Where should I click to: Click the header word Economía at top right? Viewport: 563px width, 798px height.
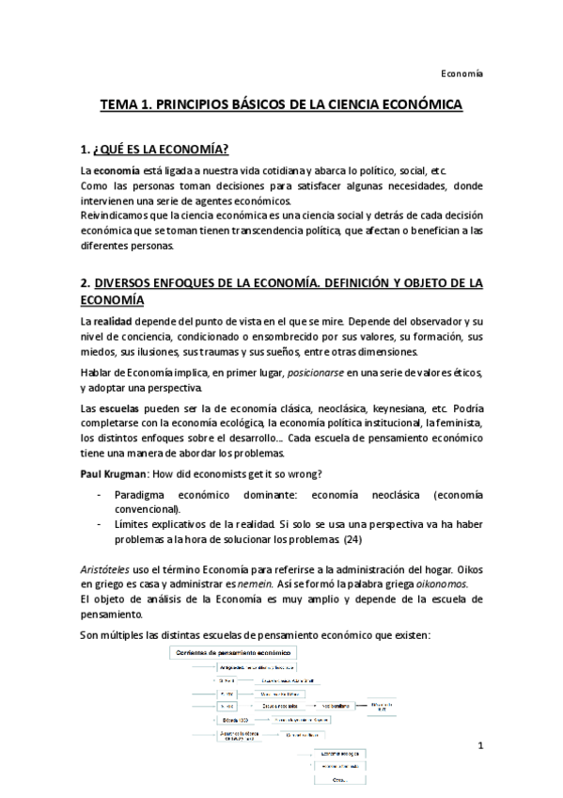pyautogui.click(x=461, y=72)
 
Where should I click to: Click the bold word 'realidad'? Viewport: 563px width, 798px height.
pyautogui.click(x=114, y=322)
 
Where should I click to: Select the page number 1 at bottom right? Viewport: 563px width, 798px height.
pyautogui.click(x=479, y=746)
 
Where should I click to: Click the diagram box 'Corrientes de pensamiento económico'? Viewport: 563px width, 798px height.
pyautogui.click(x=232, y=651)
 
